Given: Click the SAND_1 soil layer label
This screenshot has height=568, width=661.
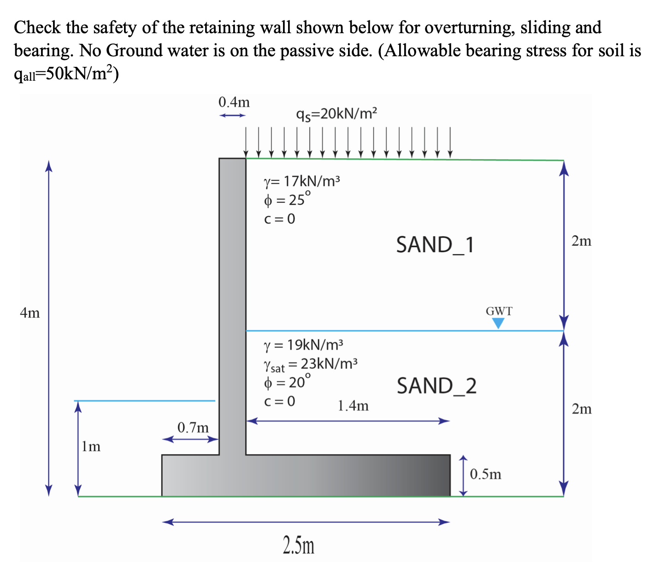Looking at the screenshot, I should [x=435, y=245].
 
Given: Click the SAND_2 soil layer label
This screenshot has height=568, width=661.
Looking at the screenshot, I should [x=437, y=386].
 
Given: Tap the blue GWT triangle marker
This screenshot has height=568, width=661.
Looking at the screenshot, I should [x=498, y=324].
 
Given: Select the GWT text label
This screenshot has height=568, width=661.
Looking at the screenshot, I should [x=499, y=311].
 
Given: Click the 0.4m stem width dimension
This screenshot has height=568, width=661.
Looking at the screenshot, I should [x=234, y=101].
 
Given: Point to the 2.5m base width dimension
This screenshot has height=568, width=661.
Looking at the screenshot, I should [x=299, y=545].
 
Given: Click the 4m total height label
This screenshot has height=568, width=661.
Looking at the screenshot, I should [x=30, y=313].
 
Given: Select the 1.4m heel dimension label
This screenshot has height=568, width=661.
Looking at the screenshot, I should [x=353, y=406].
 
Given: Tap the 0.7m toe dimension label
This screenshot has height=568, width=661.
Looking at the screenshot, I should [x=193, y=428].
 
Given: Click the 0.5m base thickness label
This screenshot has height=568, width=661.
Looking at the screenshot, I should [x=485, y=474].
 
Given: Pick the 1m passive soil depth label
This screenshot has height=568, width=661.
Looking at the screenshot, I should [x=91, y=446].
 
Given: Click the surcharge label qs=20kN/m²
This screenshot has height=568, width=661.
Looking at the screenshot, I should [x=337, y=113].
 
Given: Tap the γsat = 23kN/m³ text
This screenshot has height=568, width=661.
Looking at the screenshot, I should [x=310, y=364].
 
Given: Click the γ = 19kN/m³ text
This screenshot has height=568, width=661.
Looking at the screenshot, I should [x=303, y=344].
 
